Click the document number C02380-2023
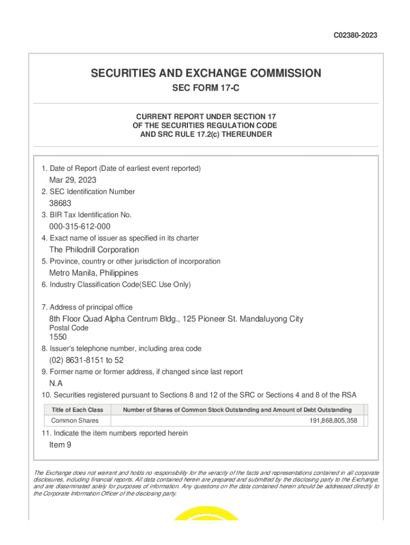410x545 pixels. click(x=355, y=36)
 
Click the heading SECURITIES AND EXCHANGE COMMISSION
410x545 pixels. click(x=206, y=73)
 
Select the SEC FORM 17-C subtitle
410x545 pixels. click(x=206, y=88)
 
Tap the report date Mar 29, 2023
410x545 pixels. click(x=73, y=180)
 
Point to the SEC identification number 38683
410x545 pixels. click(x=60, y=203)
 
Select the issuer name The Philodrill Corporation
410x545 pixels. click(x=94, y=250)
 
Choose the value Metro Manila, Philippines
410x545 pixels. click(x=93, y=273)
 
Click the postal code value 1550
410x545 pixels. click(x=58, y=337)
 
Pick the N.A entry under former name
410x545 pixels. click(x=56, y=383)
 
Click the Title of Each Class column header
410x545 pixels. click(x=77, y=410)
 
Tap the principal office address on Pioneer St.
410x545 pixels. click(x=176, y=319)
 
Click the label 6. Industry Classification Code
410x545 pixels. click(x=116, y=285)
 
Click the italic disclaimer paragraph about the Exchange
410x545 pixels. click(x=206, y=483)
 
